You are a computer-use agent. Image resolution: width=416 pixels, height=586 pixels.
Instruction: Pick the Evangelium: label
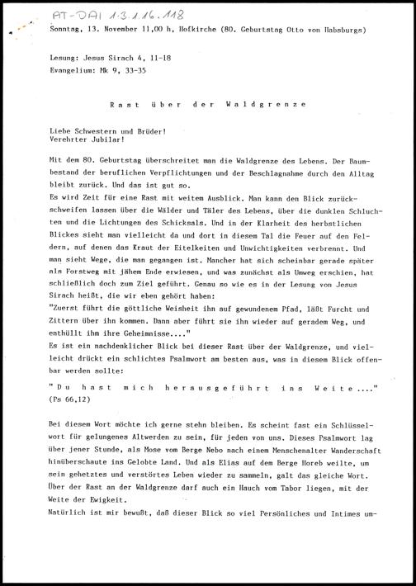73,72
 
